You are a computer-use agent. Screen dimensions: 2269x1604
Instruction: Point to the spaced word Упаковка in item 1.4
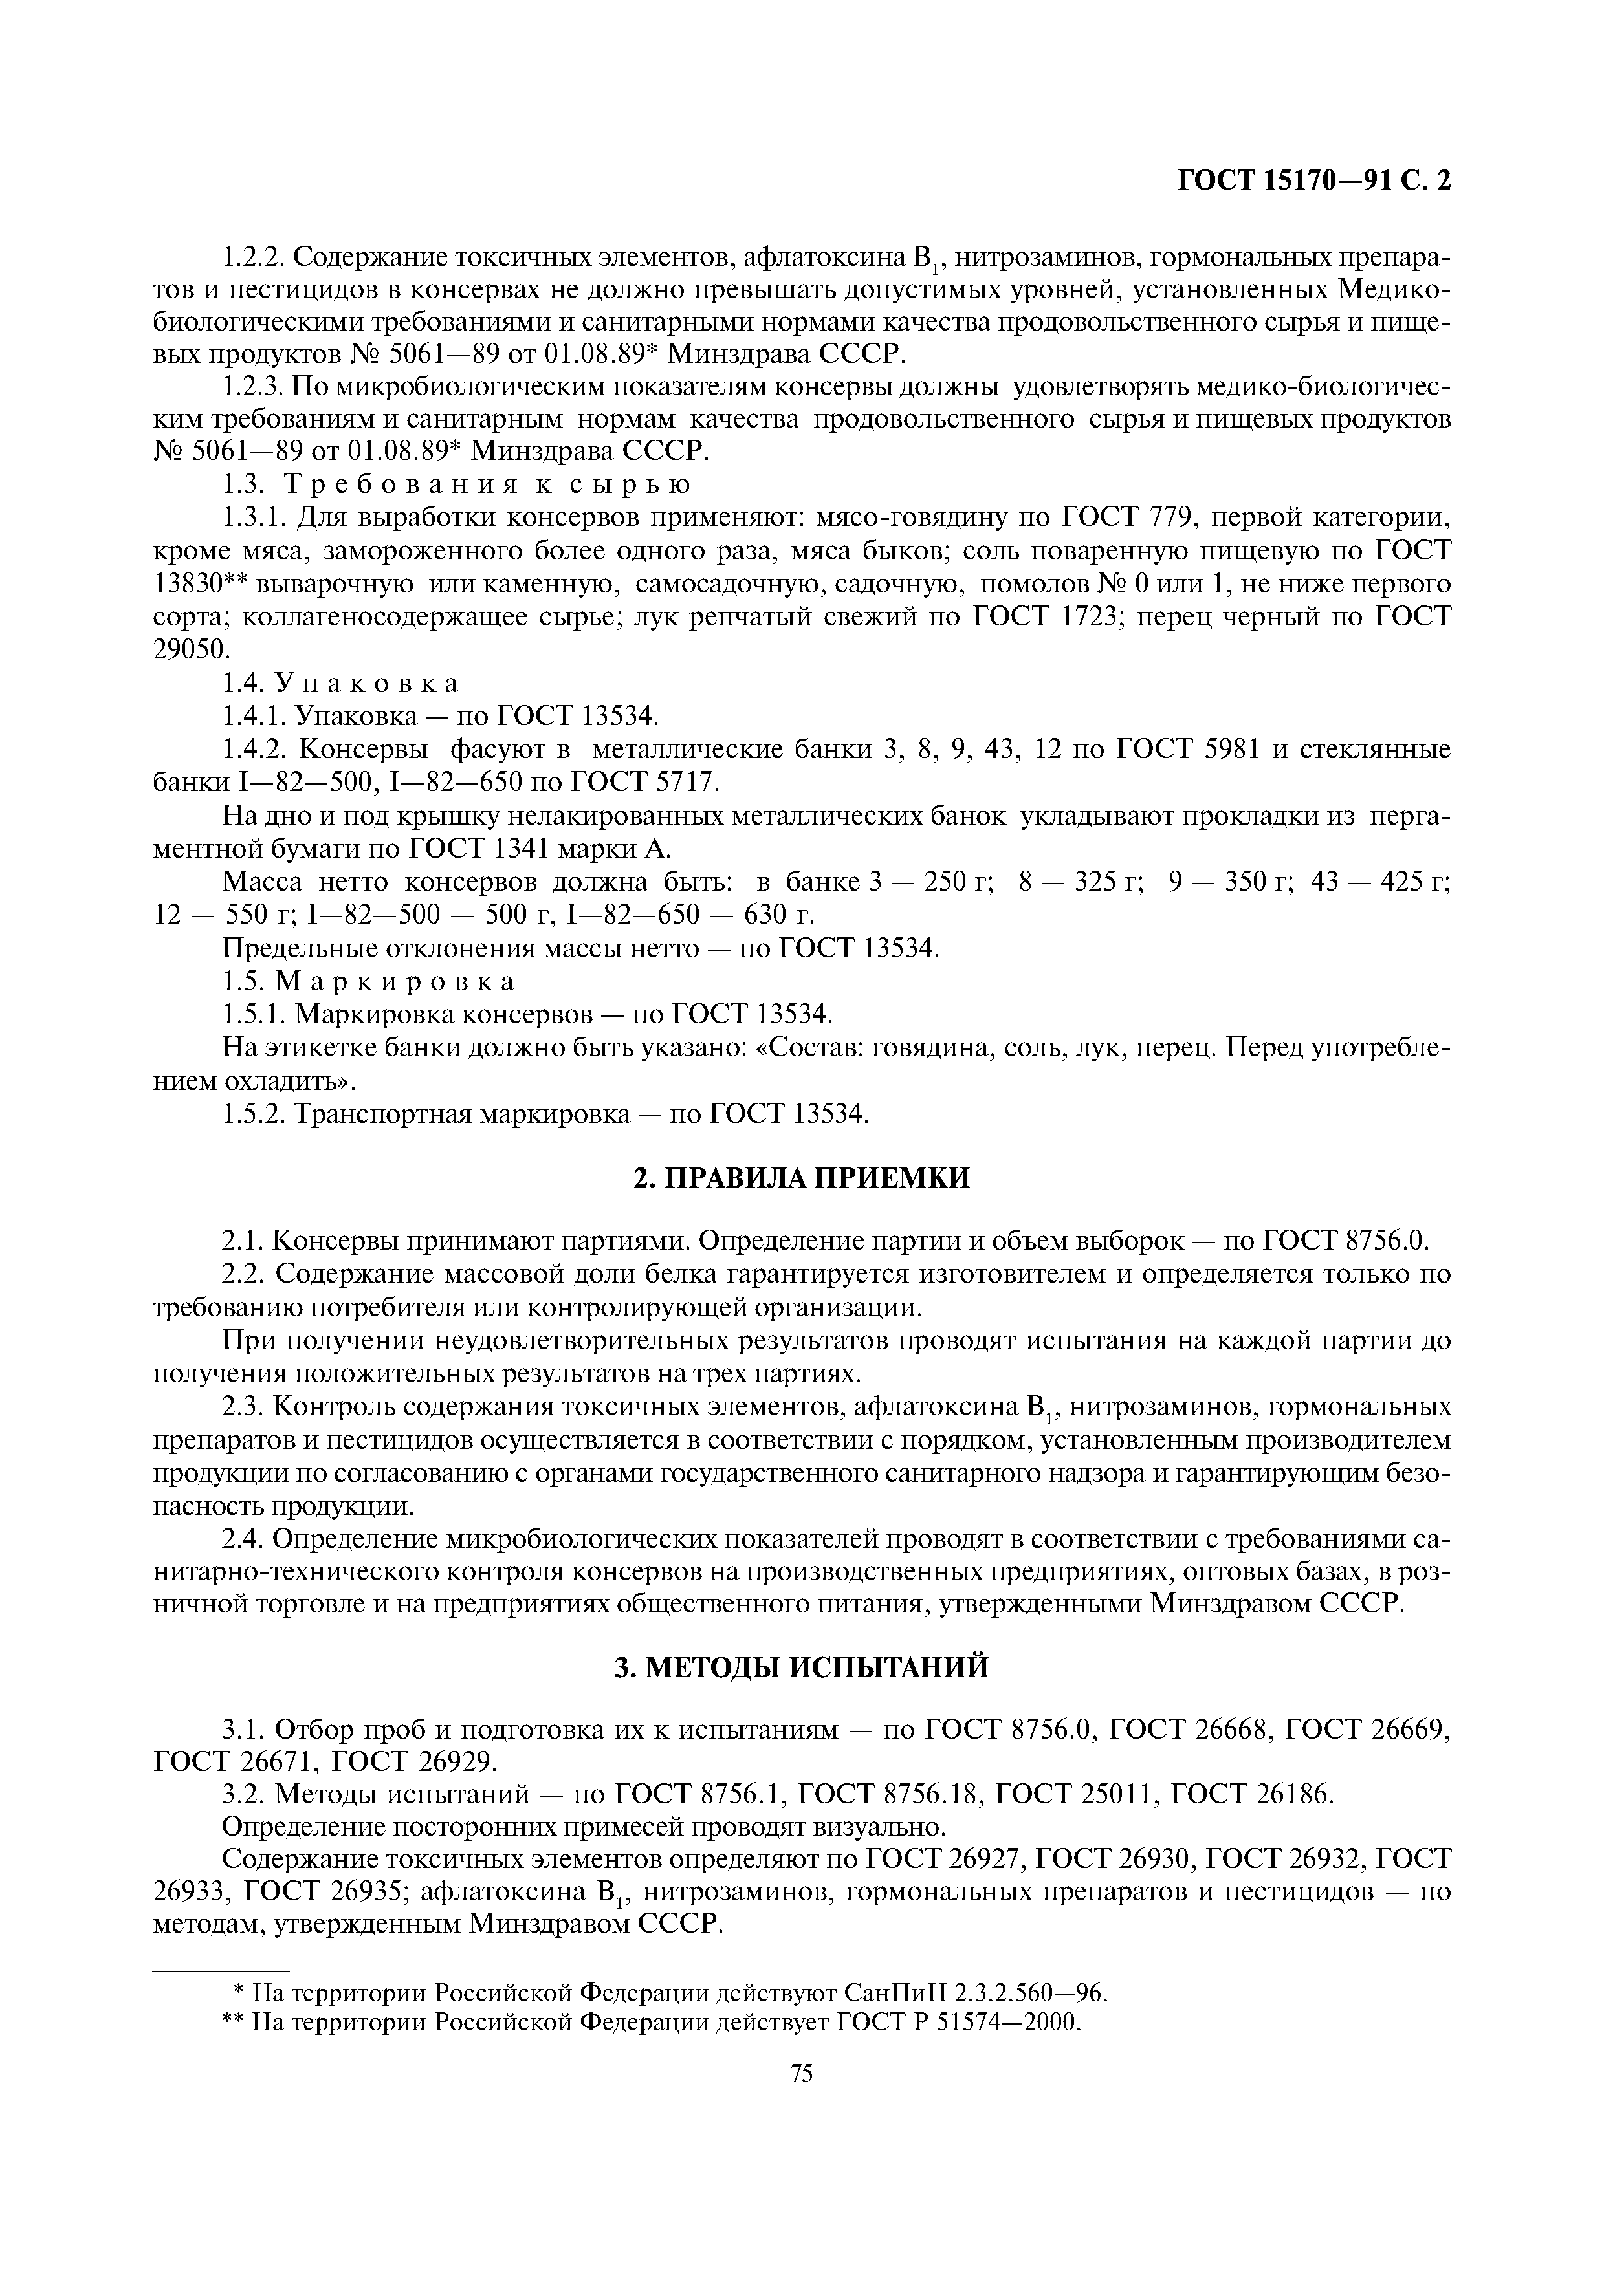point(367,683)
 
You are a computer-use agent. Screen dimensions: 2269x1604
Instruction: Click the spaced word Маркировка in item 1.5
point(395,981)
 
